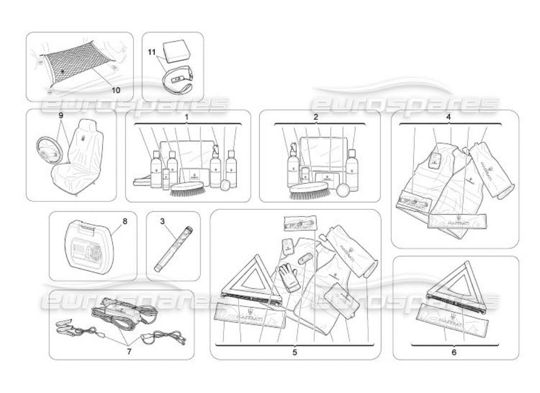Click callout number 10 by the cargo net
tap(115, 90)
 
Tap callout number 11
tap(152, 51)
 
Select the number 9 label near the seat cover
tap(61, 116)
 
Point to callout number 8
tap(124, 221)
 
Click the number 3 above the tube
tap(162, 221)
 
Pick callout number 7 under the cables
tap(129, 351)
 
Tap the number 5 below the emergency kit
tap(295, 352)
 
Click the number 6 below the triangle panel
tap(454, 352)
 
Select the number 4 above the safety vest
tap(449, 117)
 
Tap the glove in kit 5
tap(289, 277)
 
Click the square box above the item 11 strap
tap(179, 51)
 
